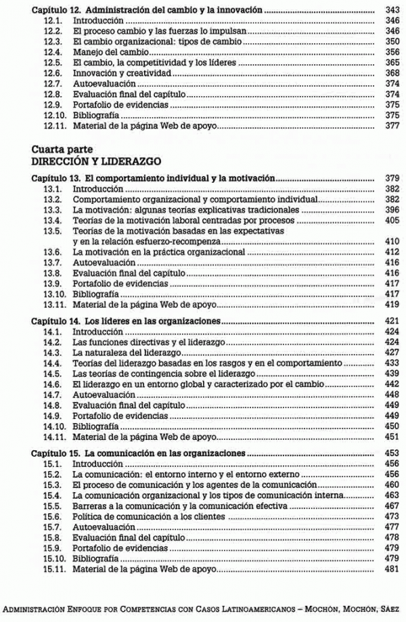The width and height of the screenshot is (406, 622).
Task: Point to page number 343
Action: pos(392,11)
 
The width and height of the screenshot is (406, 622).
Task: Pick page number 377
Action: pos(392,126)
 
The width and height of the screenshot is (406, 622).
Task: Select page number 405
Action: pos(392,220)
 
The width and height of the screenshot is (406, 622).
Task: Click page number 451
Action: pos(392,437)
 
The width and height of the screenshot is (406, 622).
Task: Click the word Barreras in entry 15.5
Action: pos(88,506)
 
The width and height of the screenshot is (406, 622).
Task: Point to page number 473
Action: pos(392,516)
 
